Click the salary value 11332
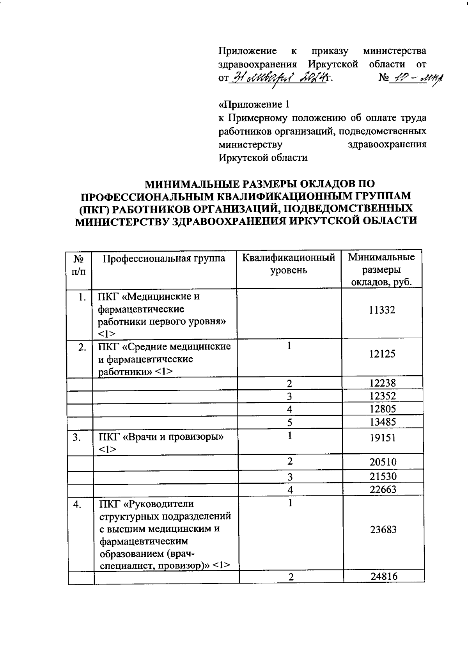(382, 310)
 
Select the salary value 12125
(382, 354)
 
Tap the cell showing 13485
(382, 422)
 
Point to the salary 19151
(382, 438)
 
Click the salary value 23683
(383, 530)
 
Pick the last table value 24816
(384, 577)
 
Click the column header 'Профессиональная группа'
(164, 258)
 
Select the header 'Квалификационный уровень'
(289, 264)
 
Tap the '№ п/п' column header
(79, 264)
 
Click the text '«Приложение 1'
(254, 105)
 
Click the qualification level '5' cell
(289, 422)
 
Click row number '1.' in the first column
(81, 297)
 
